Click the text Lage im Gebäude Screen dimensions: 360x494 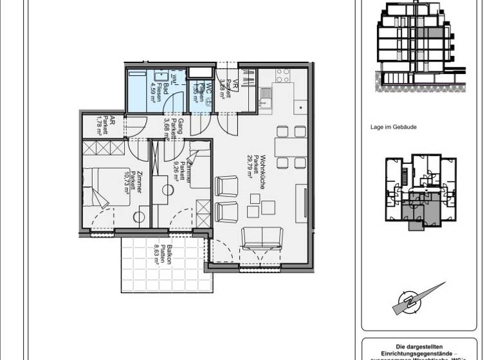[x=394, y=127]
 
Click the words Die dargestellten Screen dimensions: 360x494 [x=419, y=346]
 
